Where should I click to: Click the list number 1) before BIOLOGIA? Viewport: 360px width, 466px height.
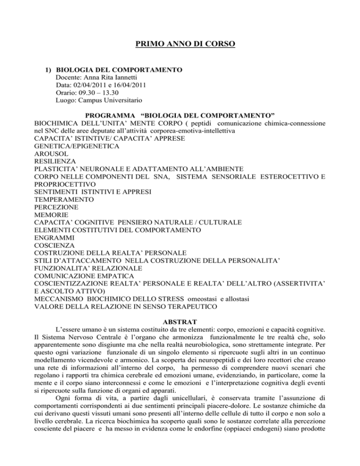[48, 70]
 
